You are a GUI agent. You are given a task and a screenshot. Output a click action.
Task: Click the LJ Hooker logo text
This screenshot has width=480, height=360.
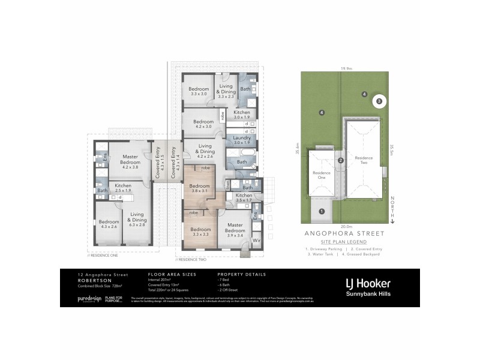pos(368,283)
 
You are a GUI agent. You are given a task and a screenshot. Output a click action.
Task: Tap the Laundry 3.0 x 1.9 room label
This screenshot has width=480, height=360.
pos(241,140)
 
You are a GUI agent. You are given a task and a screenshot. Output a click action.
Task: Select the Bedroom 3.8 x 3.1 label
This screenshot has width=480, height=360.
pos(200,189)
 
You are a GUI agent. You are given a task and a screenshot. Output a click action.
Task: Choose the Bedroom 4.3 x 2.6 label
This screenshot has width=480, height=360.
pos(109,224)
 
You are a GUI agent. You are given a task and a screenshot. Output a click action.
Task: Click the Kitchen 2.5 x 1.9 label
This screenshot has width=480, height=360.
pos(123,188)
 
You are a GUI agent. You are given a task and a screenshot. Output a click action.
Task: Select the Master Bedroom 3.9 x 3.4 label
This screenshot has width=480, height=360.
pos(235,231)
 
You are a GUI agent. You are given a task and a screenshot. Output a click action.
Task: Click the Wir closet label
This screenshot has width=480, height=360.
pos(257,241)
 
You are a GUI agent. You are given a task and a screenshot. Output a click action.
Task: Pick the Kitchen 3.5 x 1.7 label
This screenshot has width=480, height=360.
pos(244,198)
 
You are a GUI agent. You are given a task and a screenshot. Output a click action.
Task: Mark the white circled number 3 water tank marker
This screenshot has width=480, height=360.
pos(379,101)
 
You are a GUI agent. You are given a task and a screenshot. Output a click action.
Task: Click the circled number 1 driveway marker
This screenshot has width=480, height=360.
pos(322,211)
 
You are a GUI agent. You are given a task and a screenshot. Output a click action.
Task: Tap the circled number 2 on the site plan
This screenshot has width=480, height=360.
pos(340,160)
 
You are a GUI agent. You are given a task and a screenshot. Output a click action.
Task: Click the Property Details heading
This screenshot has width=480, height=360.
pos(241,274)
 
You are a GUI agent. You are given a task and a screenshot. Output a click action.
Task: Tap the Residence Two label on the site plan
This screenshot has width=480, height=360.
pos(364,160)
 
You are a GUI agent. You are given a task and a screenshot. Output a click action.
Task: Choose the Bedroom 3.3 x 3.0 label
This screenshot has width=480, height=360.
pos(199,92)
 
